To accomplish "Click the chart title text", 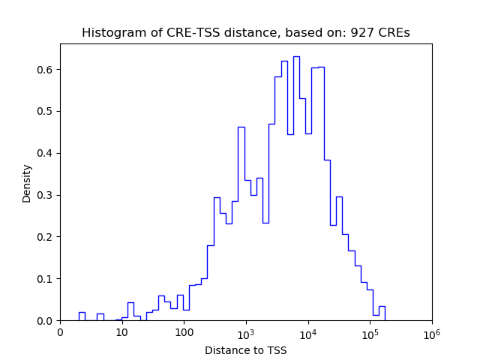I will [x=246, y=33].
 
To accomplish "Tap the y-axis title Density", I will [x=27, y=183].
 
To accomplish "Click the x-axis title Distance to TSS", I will [x=246, y=349].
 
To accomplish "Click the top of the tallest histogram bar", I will [x=296, y=56].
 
